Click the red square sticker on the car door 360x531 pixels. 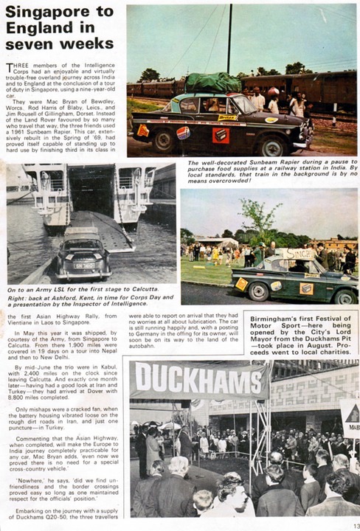click(x=220, y=134)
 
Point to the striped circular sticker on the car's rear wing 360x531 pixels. click(x=182, y=133)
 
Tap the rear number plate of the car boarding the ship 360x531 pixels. click(x=85, y=265)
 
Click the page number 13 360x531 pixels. click(x=353, y=524)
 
